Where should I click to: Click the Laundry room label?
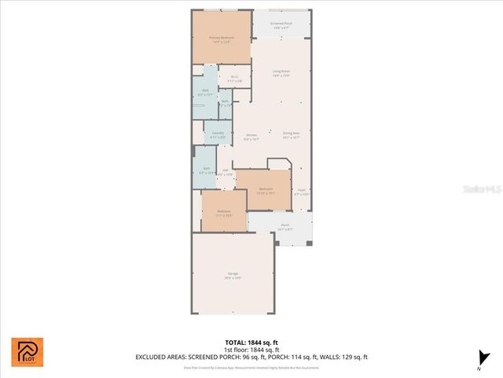218,135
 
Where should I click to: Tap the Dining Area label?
291,135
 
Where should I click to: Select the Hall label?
226,172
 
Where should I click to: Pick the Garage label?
233,276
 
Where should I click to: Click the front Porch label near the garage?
285,227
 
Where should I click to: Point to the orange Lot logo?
28,352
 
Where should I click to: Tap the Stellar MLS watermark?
482,190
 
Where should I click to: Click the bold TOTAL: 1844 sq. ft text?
251,343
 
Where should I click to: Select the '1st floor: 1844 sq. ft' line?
251,350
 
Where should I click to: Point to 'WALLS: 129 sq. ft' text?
343,358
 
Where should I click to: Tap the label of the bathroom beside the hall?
207,170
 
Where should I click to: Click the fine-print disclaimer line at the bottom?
251,367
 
